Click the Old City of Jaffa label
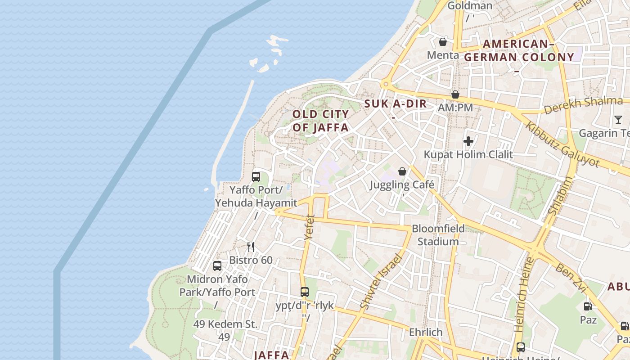[320, 121]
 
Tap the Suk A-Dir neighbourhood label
[395, 103]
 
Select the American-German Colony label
[519, 50]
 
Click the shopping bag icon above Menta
[443, 42]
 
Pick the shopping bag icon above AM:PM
[455, 94]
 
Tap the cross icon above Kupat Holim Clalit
[468, 141]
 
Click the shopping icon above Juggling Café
[402, 171]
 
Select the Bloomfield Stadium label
[438, 235]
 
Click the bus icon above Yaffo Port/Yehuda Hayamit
[256, 176]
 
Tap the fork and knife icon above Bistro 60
[251, 247]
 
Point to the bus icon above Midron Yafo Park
[217, 265]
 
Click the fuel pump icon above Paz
[588, 306]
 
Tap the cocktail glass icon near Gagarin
[618, 119]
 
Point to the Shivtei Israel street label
[380, 282]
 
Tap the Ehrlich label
[426, 332]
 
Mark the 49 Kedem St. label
[225, 324]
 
